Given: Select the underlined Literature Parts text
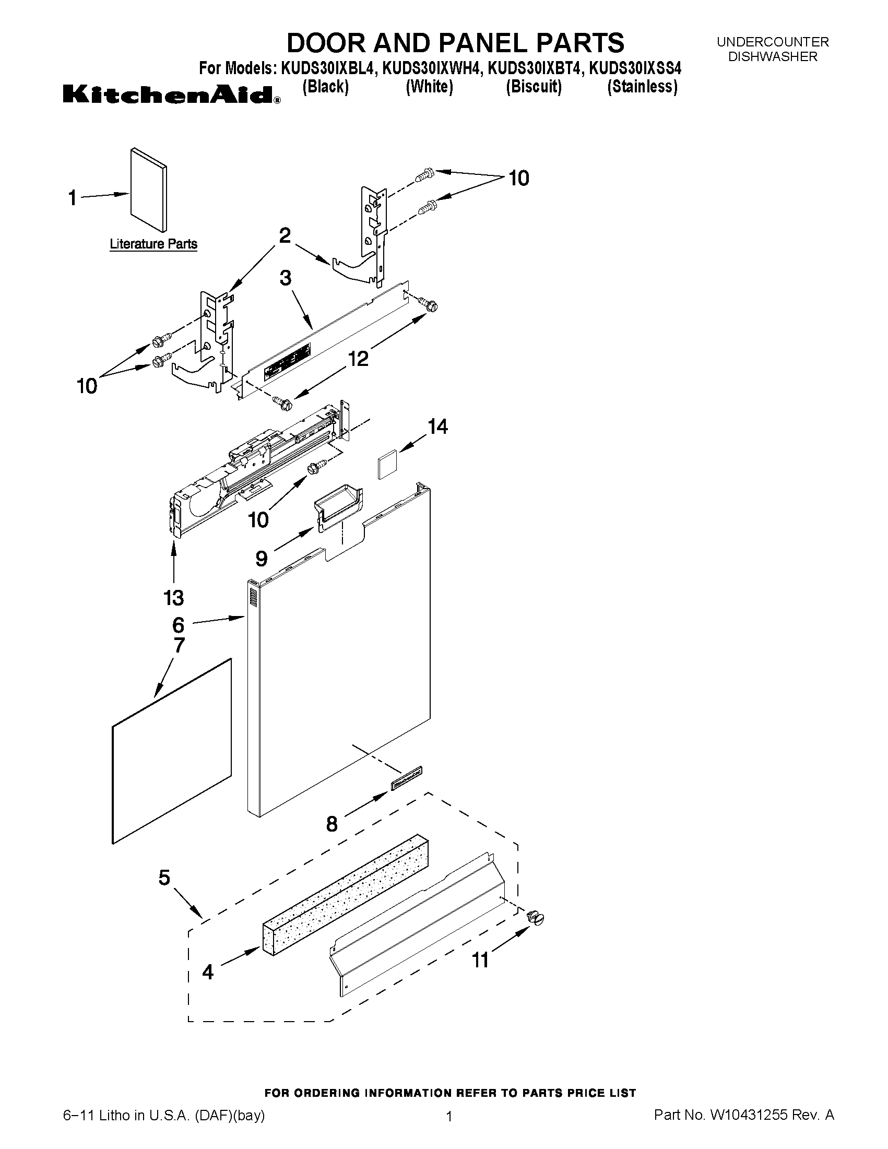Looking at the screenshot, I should pos(153,244).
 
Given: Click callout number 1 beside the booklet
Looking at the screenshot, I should pos(73,198).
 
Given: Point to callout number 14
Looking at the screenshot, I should pos(437,426).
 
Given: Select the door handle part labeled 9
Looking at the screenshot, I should pos(340,503).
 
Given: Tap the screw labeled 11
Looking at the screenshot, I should pos(537,919).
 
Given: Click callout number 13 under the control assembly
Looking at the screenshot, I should pos(174,598).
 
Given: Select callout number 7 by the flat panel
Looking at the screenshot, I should pos(179,646).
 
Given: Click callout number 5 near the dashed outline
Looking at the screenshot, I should pos(164,878).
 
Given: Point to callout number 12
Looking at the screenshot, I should pos(358,359).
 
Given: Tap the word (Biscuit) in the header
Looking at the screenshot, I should pos(534,86).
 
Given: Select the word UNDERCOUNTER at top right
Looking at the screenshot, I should pos(773,42).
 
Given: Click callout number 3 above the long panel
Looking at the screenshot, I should pos(285,278).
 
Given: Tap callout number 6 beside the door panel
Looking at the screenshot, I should pos(179,625).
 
